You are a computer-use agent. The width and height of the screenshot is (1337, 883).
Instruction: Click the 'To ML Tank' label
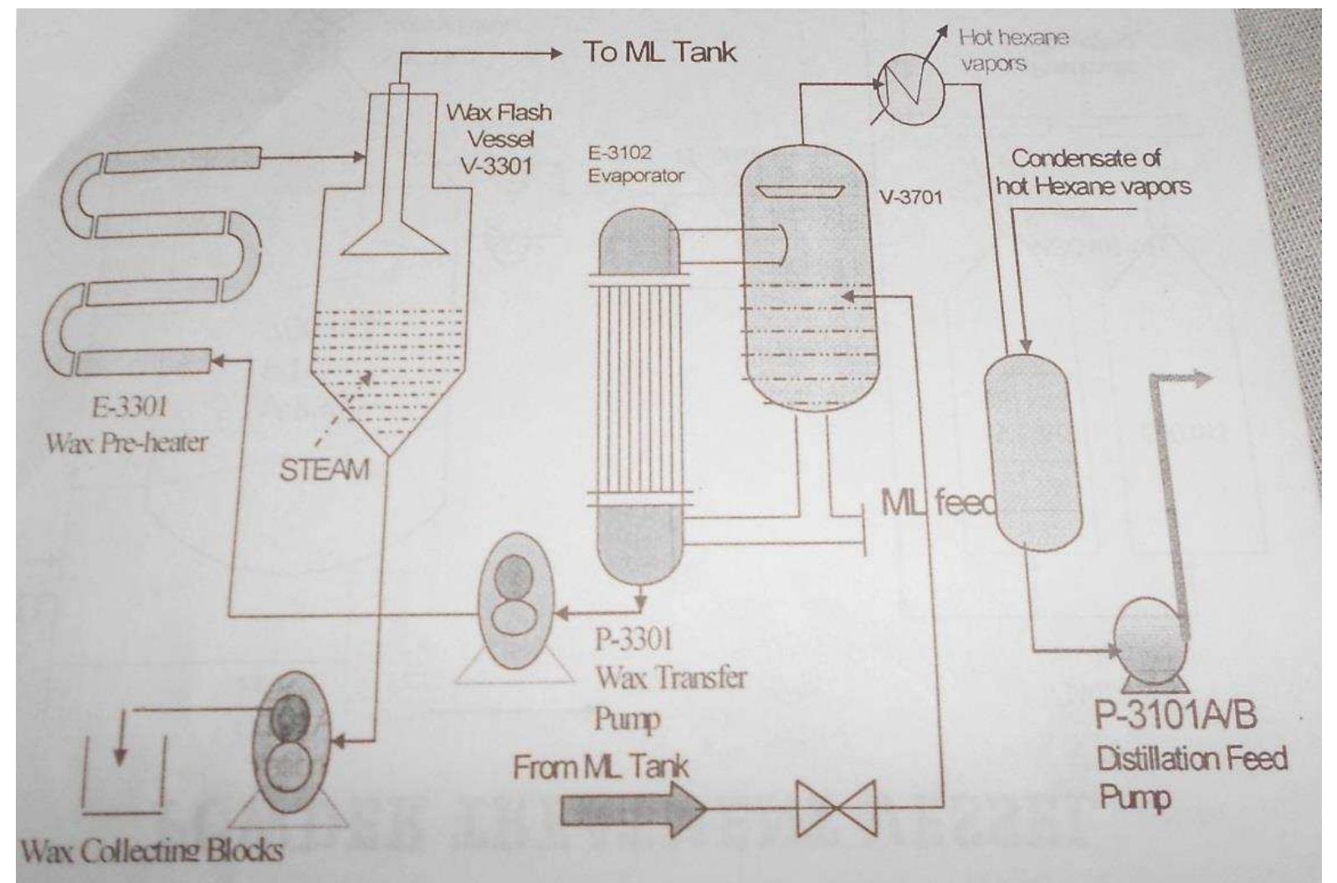pyautogui.click(x=660, y=52)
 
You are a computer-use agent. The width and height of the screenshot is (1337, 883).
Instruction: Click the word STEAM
pyautogui.click(x=325, y=470)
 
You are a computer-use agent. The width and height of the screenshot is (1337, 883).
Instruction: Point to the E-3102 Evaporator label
pyautogui.click(x=635, y=164)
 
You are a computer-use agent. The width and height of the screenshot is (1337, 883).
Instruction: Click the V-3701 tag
pyautogui.click(x=910, y=198)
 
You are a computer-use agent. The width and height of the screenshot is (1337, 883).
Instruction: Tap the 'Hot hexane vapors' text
pyautogui.click(x=1013, y=49)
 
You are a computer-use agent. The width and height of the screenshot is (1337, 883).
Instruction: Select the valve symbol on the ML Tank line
pyautogui.click(x=836, y=809)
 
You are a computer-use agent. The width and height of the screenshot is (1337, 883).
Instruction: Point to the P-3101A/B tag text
pyautogui.click(x=1176, y=716)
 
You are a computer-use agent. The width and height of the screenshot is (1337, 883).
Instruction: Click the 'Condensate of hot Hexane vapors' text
pyautogui.click(x=1093, y=172)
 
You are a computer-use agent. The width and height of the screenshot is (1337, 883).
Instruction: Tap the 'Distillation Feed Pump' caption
pyautogui.click(x=1191, y=777)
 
